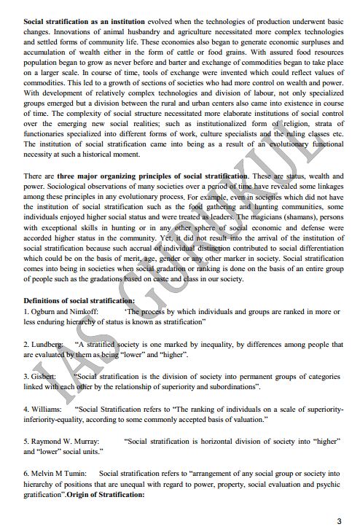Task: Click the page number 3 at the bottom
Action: click(x=338, y=520)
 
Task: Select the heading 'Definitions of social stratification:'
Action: click(x=79, y=300)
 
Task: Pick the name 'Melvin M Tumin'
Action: click(x=60, y=473)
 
